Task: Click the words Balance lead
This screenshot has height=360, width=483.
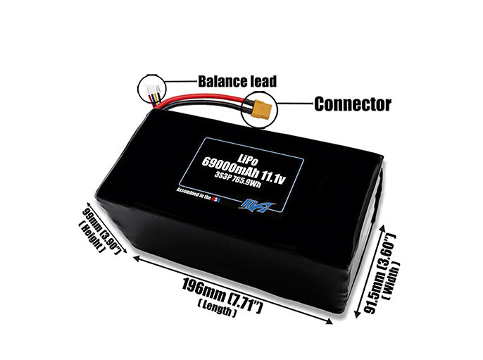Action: [237, 82]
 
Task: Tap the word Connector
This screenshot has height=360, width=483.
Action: [353, 104]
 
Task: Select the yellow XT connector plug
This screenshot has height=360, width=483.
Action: [261, 109]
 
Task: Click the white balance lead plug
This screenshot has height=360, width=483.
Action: [152, 90]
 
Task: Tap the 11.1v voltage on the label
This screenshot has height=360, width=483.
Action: [273, 178]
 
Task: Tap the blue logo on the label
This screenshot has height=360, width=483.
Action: [256, 206]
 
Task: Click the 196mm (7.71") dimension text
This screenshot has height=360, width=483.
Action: [222, 295]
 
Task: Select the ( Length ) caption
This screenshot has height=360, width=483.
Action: [217, 309]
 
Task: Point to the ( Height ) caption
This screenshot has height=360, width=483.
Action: [92, 237]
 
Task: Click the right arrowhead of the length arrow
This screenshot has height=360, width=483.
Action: [330, 322]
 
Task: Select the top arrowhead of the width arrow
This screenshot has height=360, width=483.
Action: [383, 228]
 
